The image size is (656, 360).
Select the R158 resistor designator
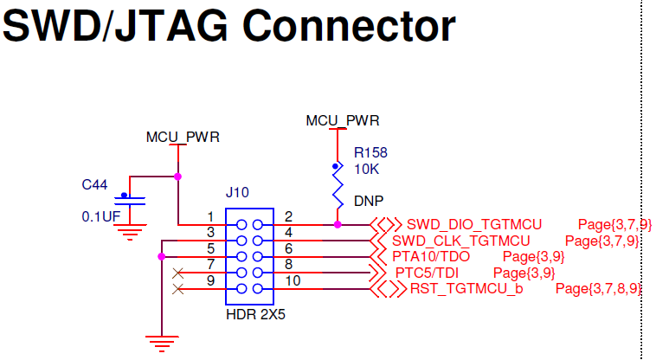point(370,151)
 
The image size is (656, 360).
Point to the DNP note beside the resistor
point(369,200)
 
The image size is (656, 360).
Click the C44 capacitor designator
point(95,184)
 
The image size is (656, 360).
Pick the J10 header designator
point(236,193)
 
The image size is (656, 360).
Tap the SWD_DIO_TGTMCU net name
point(474,224)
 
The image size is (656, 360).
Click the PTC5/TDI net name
point(427,273)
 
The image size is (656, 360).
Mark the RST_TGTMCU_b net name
point(466,288)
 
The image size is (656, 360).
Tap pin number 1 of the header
point(210,216)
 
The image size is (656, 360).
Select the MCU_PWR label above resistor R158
point(343,121)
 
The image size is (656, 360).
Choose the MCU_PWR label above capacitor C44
point(183,137)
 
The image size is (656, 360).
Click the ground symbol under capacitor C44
point(131,231)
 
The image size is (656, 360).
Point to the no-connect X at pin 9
point(178,288)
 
